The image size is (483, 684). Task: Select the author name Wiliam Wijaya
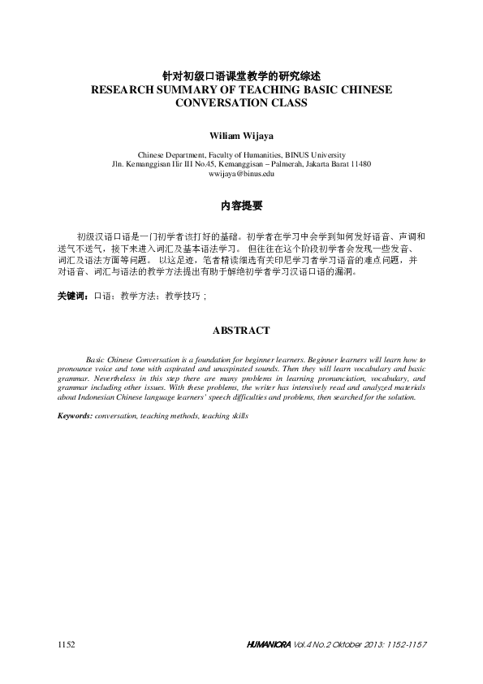[241, 135]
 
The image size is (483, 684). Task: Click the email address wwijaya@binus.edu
[241, 174]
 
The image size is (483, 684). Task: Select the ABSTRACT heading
[241, 331]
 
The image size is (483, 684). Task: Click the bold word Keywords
[75, 415]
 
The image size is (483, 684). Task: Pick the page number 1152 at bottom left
[67, 644]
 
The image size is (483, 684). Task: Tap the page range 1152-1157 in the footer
[405, 644]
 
